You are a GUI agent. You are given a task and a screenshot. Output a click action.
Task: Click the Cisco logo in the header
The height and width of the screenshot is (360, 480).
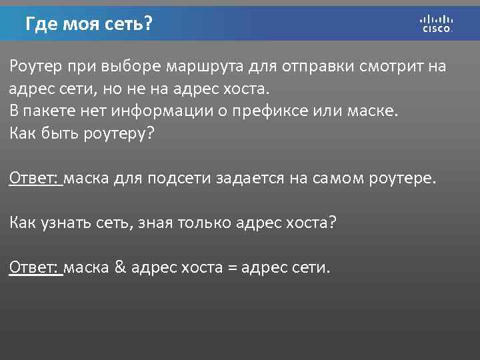437,23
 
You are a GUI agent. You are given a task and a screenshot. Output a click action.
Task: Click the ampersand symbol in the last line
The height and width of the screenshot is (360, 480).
120,267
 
